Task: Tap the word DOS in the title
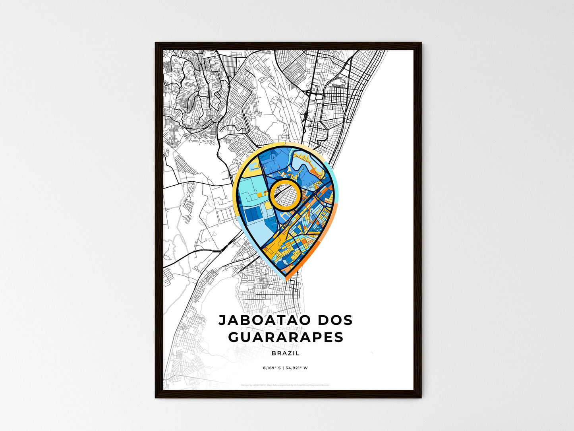(x=334, y=320)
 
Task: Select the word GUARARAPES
(x=286, y=337)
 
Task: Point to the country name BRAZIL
(x=286, y=353)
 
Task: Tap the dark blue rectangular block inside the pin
(x=251, y=215)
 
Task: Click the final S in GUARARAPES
(x=339, y=337)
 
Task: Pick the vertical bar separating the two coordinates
(x=284, y=368)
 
